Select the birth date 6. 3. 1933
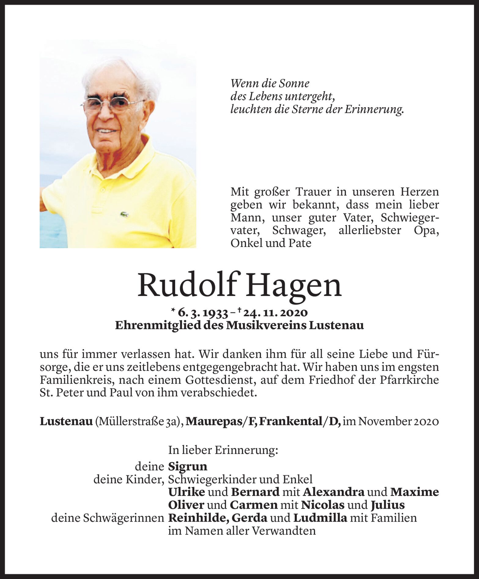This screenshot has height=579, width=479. pos(203,313)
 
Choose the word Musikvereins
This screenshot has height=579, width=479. pos(266,326)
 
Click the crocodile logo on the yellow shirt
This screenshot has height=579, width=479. pos(124,214)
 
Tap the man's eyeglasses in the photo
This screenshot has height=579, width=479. pos(112,104)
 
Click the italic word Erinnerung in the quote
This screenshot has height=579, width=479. pos(374,109)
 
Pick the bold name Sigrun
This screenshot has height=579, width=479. pos(188,467)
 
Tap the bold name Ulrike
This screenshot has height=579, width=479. pos(186,492)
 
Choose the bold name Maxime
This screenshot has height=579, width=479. pos(415,492)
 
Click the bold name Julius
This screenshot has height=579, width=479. pos(388,505)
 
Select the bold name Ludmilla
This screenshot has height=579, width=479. pos(320,518)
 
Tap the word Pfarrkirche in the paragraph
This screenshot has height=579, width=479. pos(409,380)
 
